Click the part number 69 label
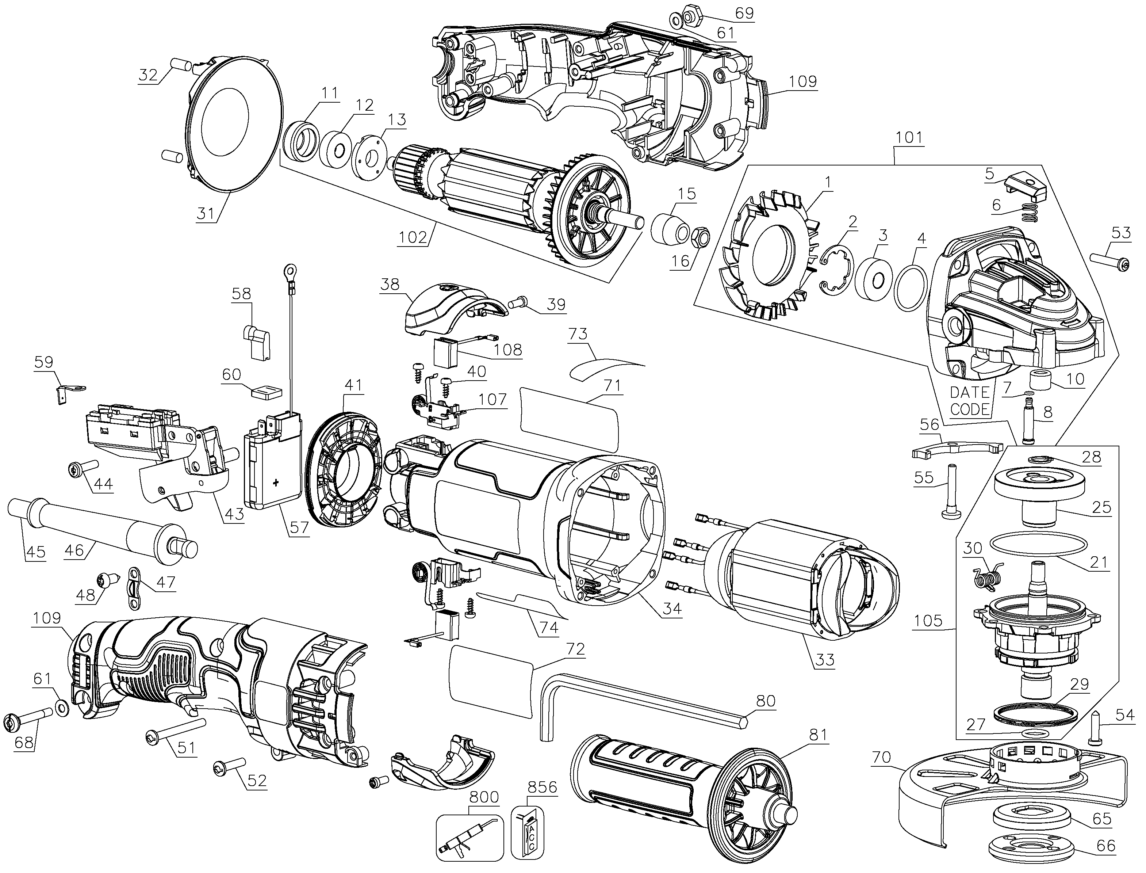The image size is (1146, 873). [x=744, y=12]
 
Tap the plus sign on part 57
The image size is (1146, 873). [x=275, y=483]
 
